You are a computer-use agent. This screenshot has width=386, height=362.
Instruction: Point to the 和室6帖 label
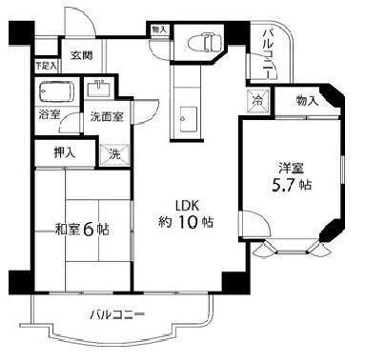click(x=80, y=229)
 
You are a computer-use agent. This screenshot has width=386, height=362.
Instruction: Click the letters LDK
click(x=185, y=204)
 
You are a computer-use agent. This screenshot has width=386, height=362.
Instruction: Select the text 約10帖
click(x=185, y=222)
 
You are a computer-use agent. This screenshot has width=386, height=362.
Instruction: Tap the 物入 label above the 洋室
click(x=306, y=98)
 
